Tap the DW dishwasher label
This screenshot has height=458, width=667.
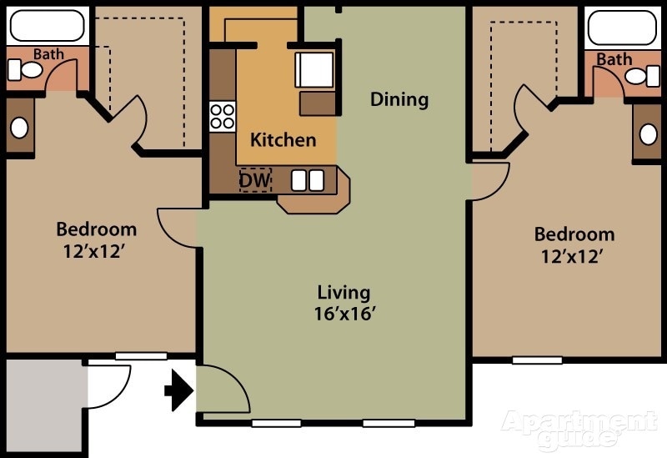click(255, 179)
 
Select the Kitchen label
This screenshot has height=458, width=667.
click(283, 139)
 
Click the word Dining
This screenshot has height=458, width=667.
click(399, 99)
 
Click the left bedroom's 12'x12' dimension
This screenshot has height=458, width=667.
click(96, 250)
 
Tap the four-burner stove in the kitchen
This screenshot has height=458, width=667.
click(222, 115)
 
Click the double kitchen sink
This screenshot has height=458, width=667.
click(308, 179)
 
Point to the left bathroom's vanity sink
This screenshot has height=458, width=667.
click(19, 128)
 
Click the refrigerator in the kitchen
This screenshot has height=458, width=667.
click(315, 69)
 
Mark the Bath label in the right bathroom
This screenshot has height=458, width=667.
click(614, 59)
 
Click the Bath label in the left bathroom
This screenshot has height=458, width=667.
click(48, 54)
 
